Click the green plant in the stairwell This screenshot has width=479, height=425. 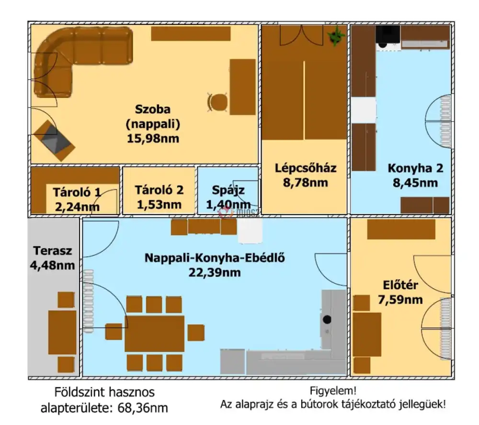(336, 36)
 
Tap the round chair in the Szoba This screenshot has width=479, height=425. (218, 102)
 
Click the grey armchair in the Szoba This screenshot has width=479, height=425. (54, 140)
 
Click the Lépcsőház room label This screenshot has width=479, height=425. (306, 168)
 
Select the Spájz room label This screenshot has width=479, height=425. (228, 190)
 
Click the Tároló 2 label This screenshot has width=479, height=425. (159, 190)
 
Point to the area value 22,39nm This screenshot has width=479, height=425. (215, 272)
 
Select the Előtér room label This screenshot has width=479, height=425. (401, 286)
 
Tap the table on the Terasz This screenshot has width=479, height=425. (61, 332)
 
